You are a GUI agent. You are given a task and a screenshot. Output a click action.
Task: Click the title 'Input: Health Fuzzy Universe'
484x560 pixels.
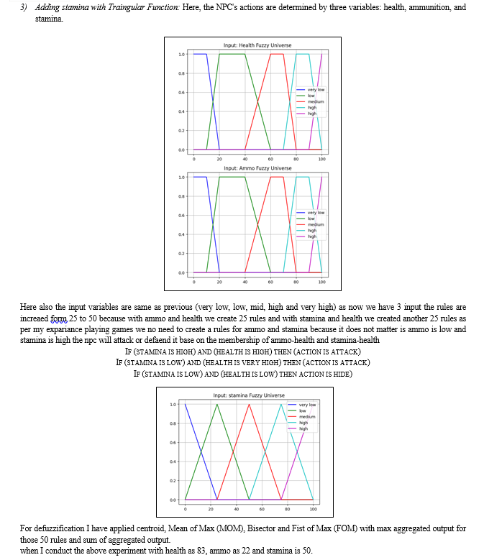click(x=257, y=45)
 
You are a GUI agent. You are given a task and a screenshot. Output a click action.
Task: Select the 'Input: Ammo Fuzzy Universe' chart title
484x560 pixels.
click(x=257, y=168)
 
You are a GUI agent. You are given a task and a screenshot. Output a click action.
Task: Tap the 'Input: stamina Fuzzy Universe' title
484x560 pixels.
click(x=249, y=395)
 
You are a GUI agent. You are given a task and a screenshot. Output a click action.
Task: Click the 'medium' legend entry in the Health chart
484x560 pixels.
click(x=316, y=102)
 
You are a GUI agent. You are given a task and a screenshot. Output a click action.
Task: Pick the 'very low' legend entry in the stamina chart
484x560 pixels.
click(x=307, y=405)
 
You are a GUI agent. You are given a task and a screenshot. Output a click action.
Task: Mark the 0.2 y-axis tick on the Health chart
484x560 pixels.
click(x=181, y=130)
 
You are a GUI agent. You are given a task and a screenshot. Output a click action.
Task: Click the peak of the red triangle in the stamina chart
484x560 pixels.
click(x=249, y=404)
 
